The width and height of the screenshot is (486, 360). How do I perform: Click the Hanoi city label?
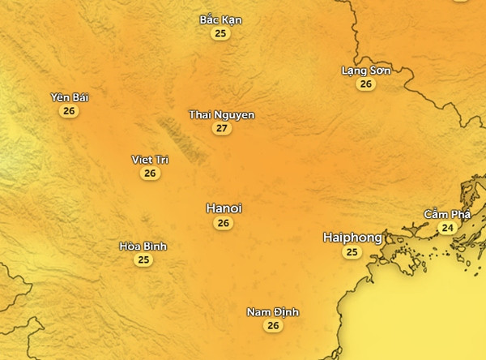coord(224,208)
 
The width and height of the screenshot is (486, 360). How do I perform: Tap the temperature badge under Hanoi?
coord(224,223)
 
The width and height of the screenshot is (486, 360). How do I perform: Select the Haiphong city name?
coord(352,238)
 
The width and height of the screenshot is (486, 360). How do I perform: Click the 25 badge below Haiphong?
coord(352,253)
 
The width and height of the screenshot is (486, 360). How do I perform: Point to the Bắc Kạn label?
coord(220,19)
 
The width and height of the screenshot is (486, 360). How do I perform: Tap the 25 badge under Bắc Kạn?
coord(220,33)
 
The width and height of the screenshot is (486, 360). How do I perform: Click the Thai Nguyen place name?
coord(221,115)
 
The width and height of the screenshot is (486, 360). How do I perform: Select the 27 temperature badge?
coord(221,129)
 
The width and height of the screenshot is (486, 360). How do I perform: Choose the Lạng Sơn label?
coord(366,71)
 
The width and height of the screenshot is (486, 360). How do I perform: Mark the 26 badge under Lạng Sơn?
coord(366,84)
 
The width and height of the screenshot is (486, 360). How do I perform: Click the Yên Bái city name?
coord(69,97)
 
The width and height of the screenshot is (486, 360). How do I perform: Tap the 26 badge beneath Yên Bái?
coord(69,111)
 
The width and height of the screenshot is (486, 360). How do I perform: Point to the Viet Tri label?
coord(150,160)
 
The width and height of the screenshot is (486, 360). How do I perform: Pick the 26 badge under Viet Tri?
coord(150,174)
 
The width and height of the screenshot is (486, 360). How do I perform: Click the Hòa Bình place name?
coord(143,246)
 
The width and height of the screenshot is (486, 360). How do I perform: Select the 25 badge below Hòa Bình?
coord(143,260)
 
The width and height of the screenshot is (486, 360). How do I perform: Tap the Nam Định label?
coord(273,312)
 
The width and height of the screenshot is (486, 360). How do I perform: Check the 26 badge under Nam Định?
coord(273,326)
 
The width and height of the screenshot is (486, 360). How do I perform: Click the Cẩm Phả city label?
coord(447,214)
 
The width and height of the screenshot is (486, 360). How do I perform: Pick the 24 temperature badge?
coord(447,228)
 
